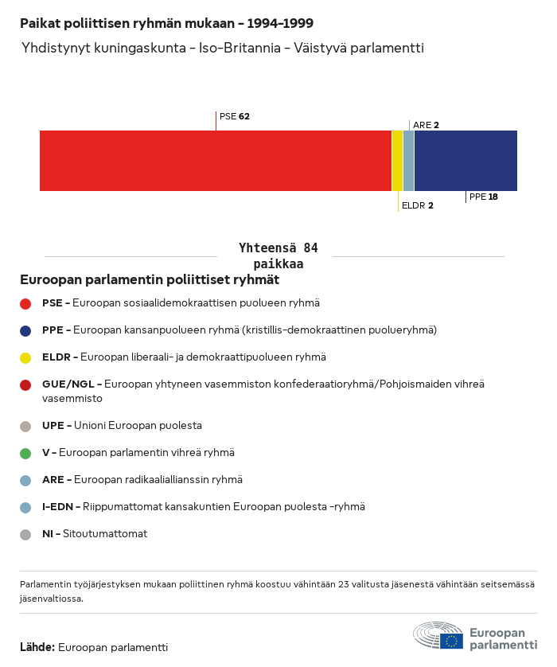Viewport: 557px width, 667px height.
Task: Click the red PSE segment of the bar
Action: click(216, 161)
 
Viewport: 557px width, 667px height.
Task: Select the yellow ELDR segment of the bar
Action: click(397, 161)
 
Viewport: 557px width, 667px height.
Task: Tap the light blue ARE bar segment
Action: click(408, 161)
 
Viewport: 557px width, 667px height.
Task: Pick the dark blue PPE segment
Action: click(465, 161)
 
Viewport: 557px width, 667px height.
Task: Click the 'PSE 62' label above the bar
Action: click(234, 116)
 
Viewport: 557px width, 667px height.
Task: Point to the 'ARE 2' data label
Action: click(426, 125)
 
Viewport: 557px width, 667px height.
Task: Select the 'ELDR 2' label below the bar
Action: click(418, 205)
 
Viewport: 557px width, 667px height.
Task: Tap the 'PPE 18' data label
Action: click(484, 197)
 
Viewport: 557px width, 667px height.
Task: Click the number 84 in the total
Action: click(311, 248)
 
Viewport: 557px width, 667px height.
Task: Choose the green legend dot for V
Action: click(25, 454)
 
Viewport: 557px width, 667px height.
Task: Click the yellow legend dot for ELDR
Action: click(25, 358)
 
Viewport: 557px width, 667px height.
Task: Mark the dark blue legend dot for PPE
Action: click(25, 331)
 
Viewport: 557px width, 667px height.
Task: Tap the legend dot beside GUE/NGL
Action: click(25, 385)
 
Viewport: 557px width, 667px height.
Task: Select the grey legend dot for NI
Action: click(25, 535)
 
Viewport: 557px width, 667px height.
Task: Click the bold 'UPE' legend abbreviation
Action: click(53, 426)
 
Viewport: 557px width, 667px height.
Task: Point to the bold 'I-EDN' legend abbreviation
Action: click(57, 507)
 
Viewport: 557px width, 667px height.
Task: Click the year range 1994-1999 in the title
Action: click(280, 23)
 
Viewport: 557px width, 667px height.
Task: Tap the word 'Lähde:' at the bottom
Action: click(37, 647)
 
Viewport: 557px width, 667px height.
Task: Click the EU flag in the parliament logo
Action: click(451, 641)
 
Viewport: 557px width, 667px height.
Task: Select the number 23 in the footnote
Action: click(343, 584)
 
